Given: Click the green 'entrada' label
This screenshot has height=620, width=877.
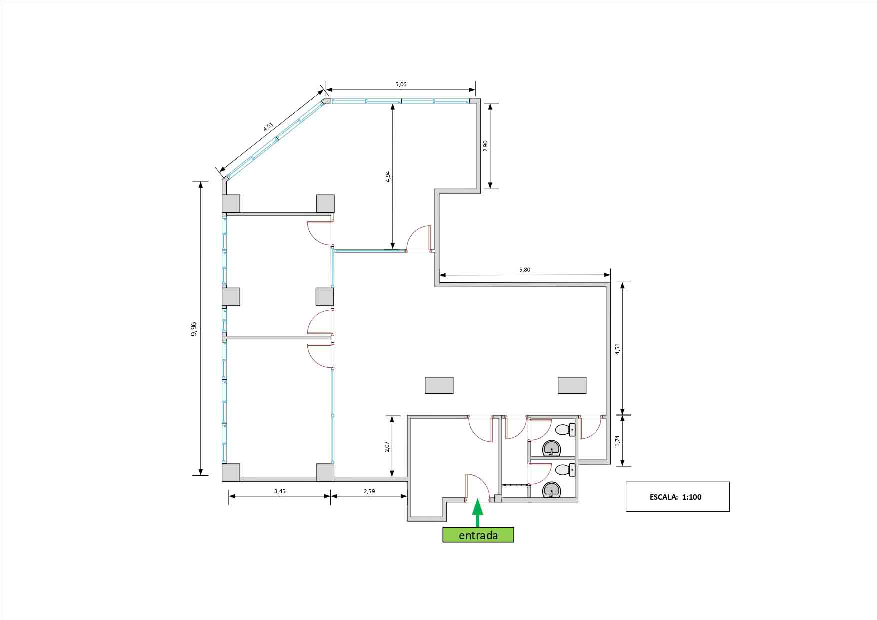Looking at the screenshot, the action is [x=478, y=535].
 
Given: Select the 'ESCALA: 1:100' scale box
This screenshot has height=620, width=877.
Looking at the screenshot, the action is [x=677, y=497].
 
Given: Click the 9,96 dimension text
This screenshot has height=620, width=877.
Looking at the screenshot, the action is [x=194, y=329].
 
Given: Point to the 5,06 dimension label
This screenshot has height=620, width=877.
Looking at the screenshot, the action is [x=401, y=84].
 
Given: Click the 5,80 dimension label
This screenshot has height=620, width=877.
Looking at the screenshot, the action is [x=525, y=270].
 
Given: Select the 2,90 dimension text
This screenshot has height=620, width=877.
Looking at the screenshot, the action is [x=485, y=146].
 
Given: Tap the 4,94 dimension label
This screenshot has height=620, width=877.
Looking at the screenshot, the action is [x=388, y=177].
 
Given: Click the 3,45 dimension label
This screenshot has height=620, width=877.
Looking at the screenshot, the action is [x=280, y=491].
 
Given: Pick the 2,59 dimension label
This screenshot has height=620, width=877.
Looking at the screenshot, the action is [x=369, y=491].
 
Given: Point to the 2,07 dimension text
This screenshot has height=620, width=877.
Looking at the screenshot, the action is [x=387, y=446].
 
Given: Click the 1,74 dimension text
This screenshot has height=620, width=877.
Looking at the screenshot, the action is [x=617, y=441].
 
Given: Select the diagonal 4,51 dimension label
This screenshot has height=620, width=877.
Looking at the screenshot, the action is [x=268, y=127].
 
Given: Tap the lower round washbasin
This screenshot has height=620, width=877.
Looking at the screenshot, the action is [x=551, y=490].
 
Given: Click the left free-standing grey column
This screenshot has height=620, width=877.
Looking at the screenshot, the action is [x=439, y=385].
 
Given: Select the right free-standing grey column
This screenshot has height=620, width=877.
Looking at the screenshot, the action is [x=572, y=385].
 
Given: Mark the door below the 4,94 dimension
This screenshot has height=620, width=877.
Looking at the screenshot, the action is [x=419, y=238].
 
